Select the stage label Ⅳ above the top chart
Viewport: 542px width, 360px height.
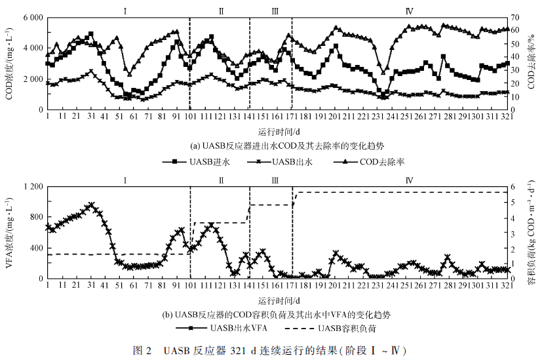(x=409, y=10)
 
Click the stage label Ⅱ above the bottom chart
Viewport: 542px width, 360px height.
(x=222, y=180)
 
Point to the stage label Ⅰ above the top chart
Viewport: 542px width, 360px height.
(x=125, y=10)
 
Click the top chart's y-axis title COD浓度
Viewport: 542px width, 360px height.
(x=9, y=64)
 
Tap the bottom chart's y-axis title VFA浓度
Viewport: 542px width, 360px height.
(x=9, y=232)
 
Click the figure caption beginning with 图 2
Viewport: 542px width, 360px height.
(x=279, y=348)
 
